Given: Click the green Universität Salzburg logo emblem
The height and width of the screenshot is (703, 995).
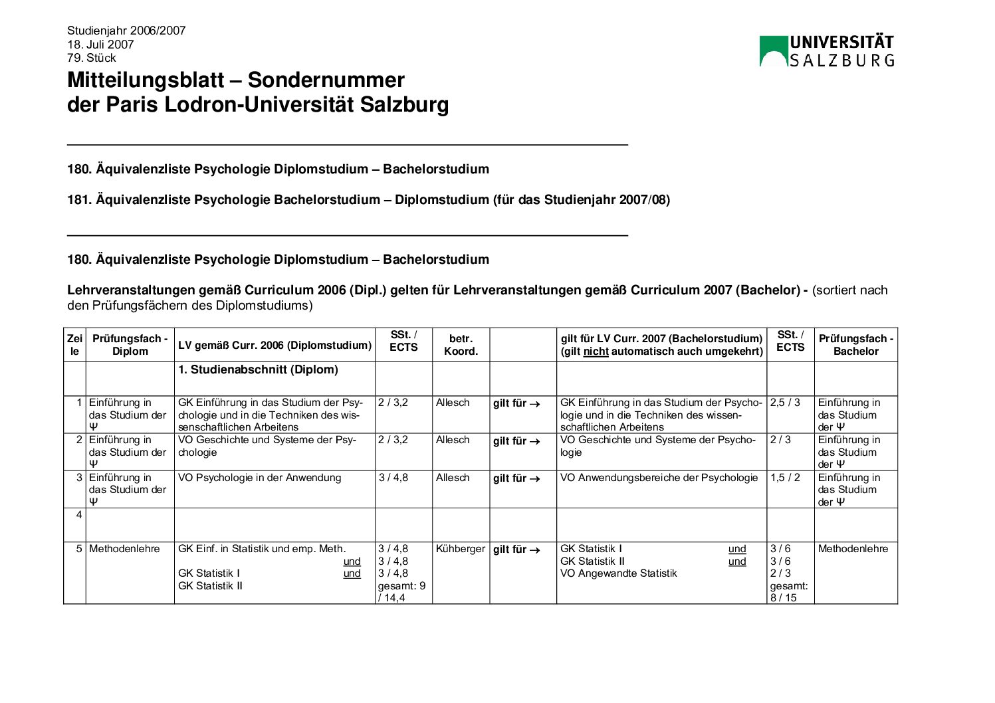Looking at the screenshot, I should click(x=773, y=51).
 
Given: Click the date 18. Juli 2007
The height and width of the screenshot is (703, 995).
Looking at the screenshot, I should click(x=100, y=45).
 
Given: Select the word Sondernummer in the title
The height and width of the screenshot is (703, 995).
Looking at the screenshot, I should click(x=326, y=80).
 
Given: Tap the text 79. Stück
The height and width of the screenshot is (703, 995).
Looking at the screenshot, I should click(x=92, y=58).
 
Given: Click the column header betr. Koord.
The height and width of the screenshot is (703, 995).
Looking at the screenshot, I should click(x=461, y=345).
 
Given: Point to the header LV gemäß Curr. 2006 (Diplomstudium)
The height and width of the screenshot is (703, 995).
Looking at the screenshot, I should click(x=275, y=346).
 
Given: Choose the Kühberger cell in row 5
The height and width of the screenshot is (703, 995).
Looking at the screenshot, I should click(x=461, y=549).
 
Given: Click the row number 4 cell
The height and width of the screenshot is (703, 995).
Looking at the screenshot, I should click(x=79, y=515).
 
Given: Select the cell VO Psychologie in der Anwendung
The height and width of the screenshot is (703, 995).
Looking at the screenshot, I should click(x=259, y=478).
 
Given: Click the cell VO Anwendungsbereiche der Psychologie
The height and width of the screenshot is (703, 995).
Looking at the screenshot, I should click(x=659, y=478).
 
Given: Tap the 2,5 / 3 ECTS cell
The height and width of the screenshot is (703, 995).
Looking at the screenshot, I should click(x=786, y=403).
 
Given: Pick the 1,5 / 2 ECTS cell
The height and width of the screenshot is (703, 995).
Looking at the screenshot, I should click(x=786, y=478).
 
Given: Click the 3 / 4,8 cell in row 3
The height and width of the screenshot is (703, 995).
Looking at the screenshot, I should click(x=393, y=478).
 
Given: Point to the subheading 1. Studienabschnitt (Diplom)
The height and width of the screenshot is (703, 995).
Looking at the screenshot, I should click(x=258, y=370).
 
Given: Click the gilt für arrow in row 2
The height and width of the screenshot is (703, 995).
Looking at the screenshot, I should click(x=516, y=441).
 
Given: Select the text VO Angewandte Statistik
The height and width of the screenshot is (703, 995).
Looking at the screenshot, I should click(x=618, y=573).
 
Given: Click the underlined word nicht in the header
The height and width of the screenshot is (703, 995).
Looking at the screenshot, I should click(x=596, y=351).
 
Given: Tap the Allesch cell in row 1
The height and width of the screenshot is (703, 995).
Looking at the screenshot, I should click(x=453, y=403).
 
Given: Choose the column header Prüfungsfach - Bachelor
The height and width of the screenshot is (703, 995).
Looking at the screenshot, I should click(x=855, y=345).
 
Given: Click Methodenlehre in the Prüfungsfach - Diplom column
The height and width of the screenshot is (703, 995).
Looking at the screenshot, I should click(x=124, y=549).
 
